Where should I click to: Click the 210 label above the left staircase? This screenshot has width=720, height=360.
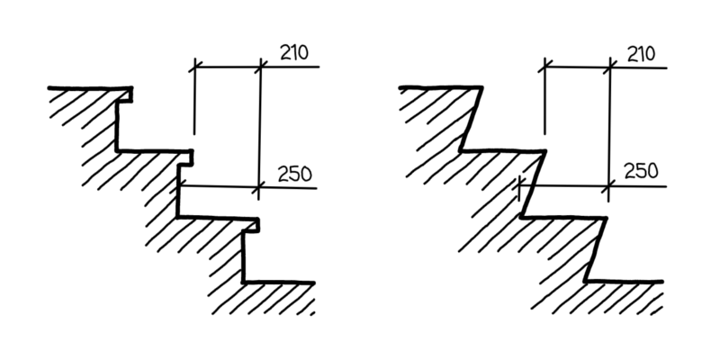(x=293, y=52)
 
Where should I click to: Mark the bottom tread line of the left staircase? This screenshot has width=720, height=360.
(x=279, y=283)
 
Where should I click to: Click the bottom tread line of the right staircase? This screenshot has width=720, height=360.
(x=625, y=281)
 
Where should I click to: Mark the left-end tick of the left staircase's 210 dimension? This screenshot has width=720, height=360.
(x=194, y=66)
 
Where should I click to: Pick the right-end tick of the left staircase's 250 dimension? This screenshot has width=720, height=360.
(x=260, y=187)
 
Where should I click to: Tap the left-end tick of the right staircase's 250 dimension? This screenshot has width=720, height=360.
(x=521, y=186)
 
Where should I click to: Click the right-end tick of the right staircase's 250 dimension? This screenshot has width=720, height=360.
(x=610, y=186)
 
